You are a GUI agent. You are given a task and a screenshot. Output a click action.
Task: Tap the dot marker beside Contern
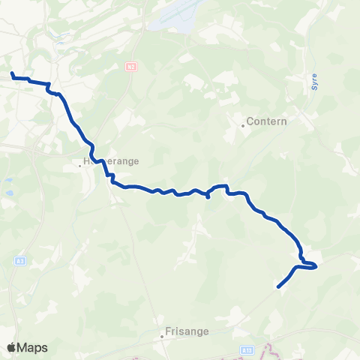pyautogui.click(x=243, y=125)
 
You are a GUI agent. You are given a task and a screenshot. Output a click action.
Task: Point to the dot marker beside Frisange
pyautogui.click(x=161, y=336)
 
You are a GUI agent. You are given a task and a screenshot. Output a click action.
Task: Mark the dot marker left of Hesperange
pyautogui.click(x=80, y=166)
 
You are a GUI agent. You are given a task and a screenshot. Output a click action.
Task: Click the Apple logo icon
pyautogui.click(x=11, y=348)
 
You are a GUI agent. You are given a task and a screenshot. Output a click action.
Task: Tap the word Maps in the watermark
pyautogui.click(x=33, y=348)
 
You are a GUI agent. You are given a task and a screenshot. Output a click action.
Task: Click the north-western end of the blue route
pyautogui.click(x=12, y=73)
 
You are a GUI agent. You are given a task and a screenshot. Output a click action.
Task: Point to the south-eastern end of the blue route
pyautogui.click(x=278, y=286)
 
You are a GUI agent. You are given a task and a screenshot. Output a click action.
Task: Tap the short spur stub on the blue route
pyautogui.click(x=207, y=198)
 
